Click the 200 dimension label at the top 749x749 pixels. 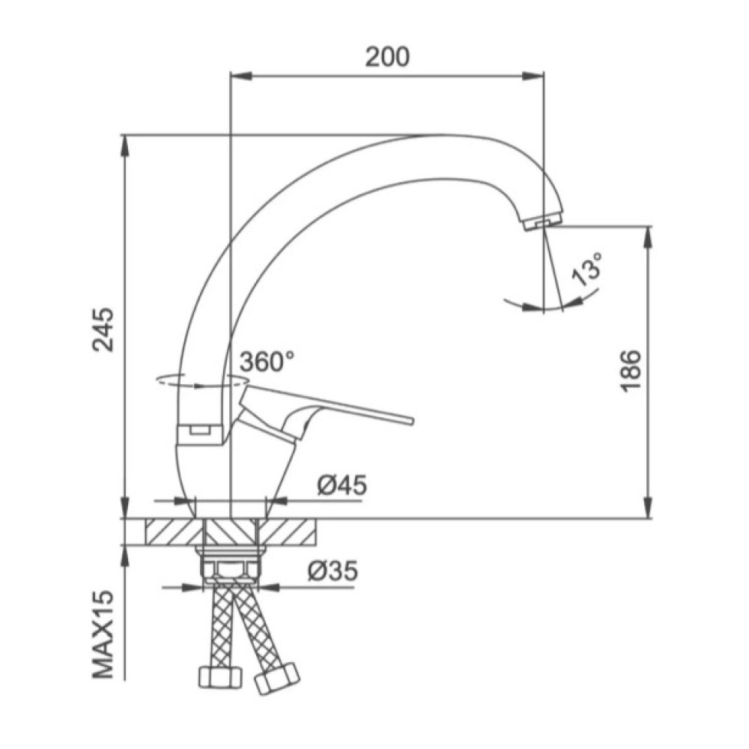tap(387, 57)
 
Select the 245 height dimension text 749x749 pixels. tap(103, 330)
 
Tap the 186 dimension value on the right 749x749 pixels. tap(631, 372)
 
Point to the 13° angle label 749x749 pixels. tap(587, 269)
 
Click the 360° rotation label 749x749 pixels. tap(267, 362)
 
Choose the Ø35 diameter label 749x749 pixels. tap(333, 570)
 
